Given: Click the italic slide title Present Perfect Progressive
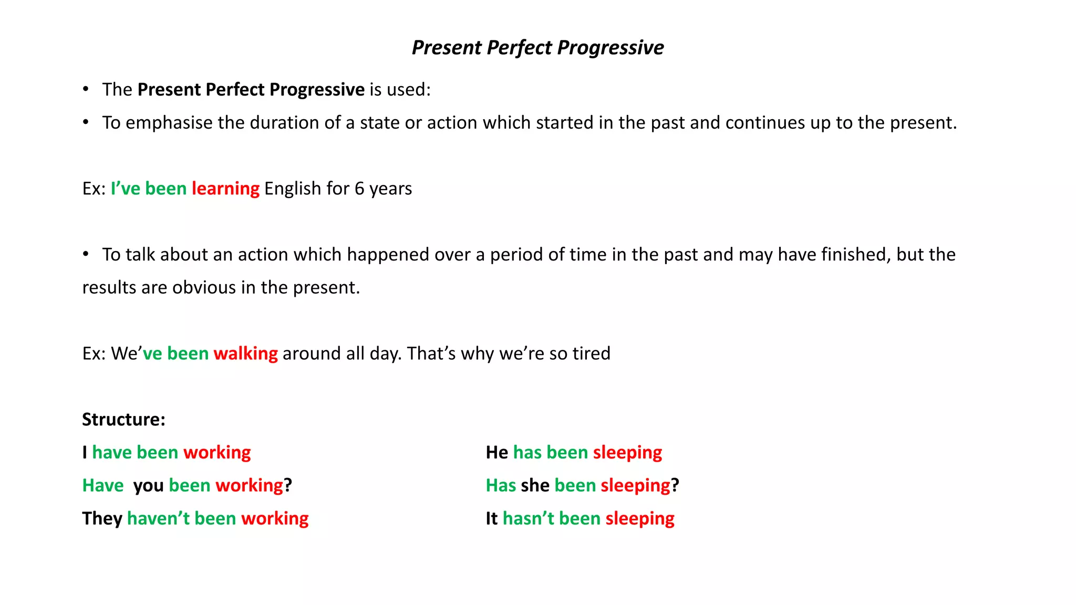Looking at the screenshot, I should click(x=537, y=48).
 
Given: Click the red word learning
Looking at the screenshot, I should click(x=225, y=189).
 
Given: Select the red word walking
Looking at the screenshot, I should click(x=245, y=353).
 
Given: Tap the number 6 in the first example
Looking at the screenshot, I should click(x=359, y=189).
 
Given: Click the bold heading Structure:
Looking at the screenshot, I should click(x=123, y=420).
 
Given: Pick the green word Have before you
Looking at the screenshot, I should click(x=103, y=486).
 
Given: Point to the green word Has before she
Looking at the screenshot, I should click(x=501, y=486).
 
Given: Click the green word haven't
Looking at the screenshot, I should click(x=158, y=518).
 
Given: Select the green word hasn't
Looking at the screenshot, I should click(x=528, y=518).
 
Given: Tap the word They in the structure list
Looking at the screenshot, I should click(x=102, y=518).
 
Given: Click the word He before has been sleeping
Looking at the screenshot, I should click(x=496, y=453).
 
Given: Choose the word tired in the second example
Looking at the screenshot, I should click(x=591, y=353).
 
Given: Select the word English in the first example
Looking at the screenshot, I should click(x=292, y=189).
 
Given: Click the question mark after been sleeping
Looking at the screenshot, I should click(x=675, y=486).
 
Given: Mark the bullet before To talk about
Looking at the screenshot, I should click(x=86, y=255).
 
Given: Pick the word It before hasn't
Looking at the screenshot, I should click(x=491, y=518).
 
